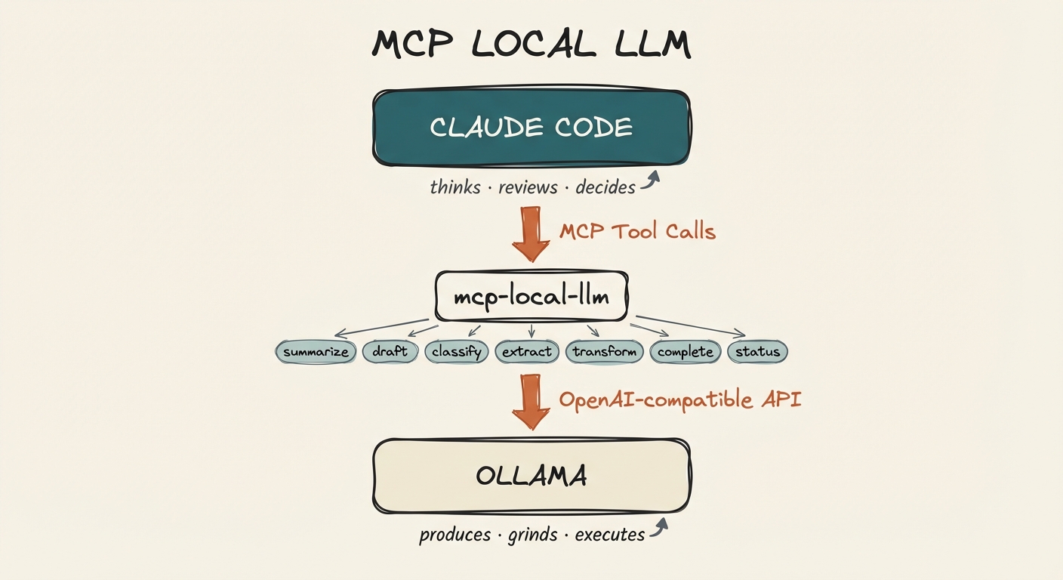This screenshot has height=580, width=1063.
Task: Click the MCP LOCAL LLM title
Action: tap(531, 45)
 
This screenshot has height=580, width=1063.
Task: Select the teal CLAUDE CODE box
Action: tap(531, 128)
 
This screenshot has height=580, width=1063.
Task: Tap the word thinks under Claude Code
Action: tap(454, 187)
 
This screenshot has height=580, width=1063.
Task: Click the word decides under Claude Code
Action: tap(605, 187)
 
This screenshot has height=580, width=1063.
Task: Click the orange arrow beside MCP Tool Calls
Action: tap(531, 233)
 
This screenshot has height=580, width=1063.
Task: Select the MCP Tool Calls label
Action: tap(637, 231)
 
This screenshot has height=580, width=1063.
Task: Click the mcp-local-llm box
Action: tap(531, 296)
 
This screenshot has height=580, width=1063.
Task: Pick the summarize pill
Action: tap(316, 352)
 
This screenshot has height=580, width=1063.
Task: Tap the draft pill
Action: tap(390, 352)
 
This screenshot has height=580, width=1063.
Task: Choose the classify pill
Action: tap(457, 352)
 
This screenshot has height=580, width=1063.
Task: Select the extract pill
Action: tap(526, 352)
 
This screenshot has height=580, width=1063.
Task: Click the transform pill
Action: tap(605, 352)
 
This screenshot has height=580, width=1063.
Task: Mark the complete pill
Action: tap(685, 352)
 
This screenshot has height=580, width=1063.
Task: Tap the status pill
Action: tap(757, 352)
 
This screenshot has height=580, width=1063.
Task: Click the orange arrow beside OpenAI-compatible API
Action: tap(531, 402)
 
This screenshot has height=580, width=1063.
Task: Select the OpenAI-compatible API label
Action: tap(679, 399)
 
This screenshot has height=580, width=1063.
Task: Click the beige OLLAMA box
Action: tap(531, 476)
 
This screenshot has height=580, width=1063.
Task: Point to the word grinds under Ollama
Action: tap(532, 535)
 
